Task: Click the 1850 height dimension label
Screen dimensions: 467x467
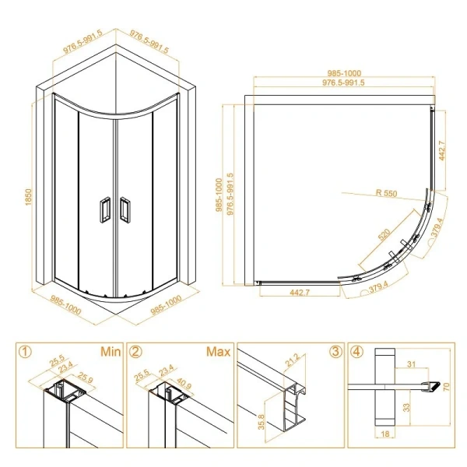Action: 28,197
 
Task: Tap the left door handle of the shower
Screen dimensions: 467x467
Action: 104,209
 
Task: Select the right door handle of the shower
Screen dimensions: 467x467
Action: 125,209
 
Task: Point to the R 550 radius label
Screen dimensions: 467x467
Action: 386,193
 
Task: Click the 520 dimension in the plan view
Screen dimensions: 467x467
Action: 384,234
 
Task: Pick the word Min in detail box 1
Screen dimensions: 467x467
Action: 111,352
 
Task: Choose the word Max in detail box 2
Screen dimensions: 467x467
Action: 218,352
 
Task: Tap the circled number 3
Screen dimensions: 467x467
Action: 335,352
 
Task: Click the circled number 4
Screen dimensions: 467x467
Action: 357,352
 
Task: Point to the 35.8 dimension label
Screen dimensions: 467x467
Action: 262,422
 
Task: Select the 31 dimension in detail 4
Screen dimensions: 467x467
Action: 411,364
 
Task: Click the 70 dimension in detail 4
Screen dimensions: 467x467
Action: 447,387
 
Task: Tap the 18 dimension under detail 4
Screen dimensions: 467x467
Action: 385,434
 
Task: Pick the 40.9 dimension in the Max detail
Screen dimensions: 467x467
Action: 184,383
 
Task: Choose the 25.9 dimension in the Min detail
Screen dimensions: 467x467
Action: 86,377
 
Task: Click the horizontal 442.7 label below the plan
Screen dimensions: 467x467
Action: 300,293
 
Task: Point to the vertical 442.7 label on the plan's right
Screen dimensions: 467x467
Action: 441,151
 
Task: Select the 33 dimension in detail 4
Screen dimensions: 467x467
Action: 406,407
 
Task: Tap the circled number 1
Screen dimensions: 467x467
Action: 25,352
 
